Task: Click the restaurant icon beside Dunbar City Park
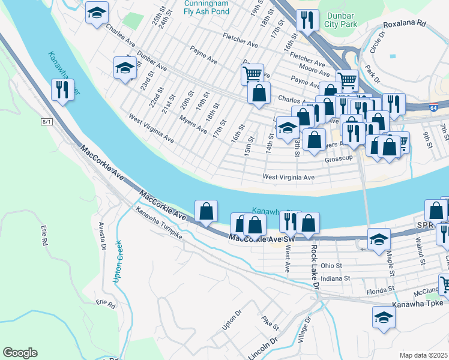point(307,20)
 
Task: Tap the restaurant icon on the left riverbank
point(62,90)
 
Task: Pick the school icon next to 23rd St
point(125,67)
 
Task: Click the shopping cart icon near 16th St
point(252,74)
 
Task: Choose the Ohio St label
point(331,265)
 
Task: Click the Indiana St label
point(334,278)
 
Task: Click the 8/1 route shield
point(47,121)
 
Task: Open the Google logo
point(20,353)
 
